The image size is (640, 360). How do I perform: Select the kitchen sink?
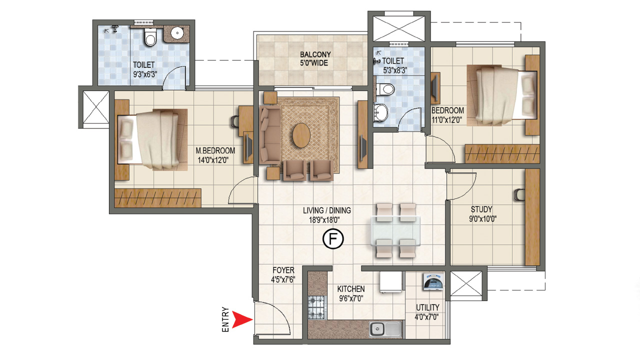[385, 329]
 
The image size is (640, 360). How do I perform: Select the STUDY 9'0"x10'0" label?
[481, 213]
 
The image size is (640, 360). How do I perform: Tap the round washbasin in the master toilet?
[177, 33]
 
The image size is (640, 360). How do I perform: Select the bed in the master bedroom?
[150, 138]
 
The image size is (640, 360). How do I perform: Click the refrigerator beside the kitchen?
[391, 283]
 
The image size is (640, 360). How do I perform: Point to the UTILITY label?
[427, 307]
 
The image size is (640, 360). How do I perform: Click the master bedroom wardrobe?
[157, 198]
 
